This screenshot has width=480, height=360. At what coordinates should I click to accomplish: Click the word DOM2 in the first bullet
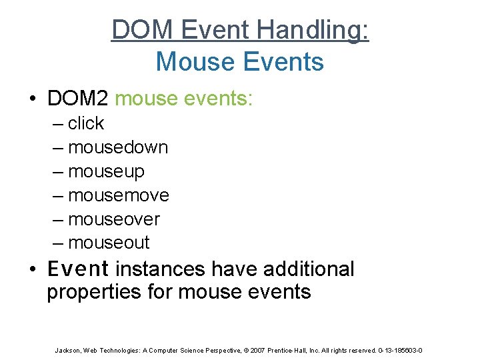pyautogui.click(x=77, y=99)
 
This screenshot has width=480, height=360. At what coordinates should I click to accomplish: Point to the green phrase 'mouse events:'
pyautogui.click(x=184, y=99)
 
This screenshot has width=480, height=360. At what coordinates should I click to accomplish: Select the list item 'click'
pyautogui.click(x=86, y=123)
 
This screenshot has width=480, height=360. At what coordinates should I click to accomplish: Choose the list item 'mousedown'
pyautogui.click(x=118, y=147)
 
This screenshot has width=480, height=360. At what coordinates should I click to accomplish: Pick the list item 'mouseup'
pyautogui.click(x=106, y=171)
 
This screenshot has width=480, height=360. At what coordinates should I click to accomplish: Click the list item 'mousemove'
pyautogui.click(x=119, y=195)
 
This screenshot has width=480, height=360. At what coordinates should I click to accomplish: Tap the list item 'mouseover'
pyautogui.click(x=114, y=219)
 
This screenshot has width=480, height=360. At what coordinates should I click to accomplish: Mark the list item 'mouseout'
pyautogui.click(x=109, y=243)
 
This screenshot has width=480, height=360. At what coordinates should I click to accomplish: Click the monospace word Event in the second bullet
pyautogui.click(x=78, y=269)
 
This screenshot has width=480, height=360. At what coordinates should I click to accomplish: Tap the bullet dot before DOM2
pyautogui.click(x=33, y=99)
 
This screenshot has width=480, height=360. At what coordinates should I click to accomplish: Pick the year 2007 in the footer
pyautogui.click(x=254, y=351)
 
